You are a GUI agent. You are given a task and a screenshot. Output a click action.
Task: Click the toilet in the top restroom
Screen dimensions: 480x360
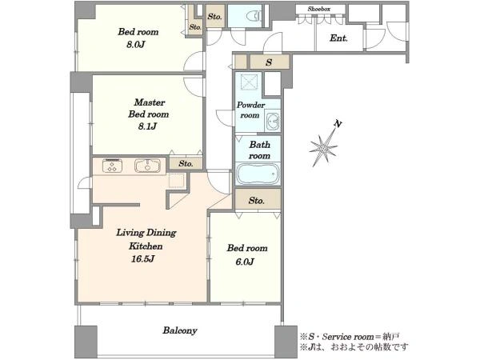pyautogui.click(x=254, y=16)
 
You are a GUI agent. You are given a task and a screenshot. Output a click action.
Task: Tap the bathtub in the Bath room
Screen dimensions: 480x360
pyautogui.click(x=258, y=174)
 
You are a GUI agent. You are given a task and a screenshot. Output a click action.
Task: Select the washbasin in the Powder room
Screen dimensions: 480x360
pyautogui.click(x=272, y=122)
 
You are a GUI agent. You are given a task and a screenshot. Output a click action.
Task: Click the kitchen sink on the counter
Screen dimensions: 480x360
pyautogui.click(x=147, y=166)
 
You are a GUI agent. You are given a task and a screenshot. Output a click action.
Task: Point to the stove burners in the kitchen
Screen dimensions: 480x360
pyautogui.click(x=112, y=166)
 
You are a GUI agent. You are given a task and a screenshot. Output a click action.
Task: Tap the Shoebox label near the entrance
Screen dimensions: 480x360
pyautogui.click(x=319, y=9)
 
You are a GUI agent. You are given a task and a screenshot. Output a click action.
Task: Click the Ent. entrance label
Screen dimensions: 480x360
pyautogui.click(x=338, y=38)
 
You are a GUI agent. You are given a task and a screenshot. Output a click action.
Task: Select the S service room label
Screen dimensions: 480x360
pyautogui.click(x=269, y=62)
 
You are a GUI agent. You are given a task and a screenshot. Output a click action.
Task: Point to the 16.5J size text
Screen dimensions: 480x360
pyautogui.click(x=142, y=259)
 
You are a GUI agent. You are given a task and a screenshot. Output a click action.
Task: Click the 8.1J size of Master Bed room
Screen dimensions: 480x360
pyautogui.click(x=147, y=126)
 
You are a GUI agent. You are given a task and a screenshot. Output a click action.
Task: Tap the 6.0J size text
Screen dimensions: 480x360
pyautogui.click(x=245, y=262)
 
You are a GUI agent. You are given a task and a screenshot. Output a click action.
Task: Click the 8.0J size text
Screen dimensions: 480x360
pyautogui.click(x=136, y=45)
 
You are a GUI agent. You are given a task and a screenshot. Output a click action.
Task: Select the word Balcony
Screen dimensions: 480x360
pyautogui.click(x=180, y=330)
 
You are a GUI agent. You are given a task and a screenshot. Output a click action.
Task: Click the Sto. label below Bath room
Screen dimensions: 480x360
pyautogui.click(x=257, y=201)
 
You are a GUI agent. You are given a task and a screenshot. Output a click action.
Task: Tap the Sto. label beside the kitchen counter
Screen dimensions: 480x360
pyautogui.click(x=186, y=163)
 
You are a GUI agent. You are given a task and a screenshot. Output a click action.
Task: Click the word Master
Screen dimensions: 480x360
pyautogui.click(x=150, y=102)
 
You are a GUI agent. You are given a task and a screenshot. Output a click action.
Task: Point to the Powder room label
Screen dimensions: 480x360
pyautogui.click(x=250, y=110)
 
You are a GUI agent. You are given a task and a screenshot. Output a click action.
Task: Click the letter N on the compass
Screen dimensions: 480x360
pyautogui.click(x=338, y=124)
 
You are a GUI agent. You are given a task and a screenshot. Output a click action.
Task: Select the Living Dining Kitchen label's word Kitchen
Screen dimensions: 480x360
pyautogui.click(x=146, y=246)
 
